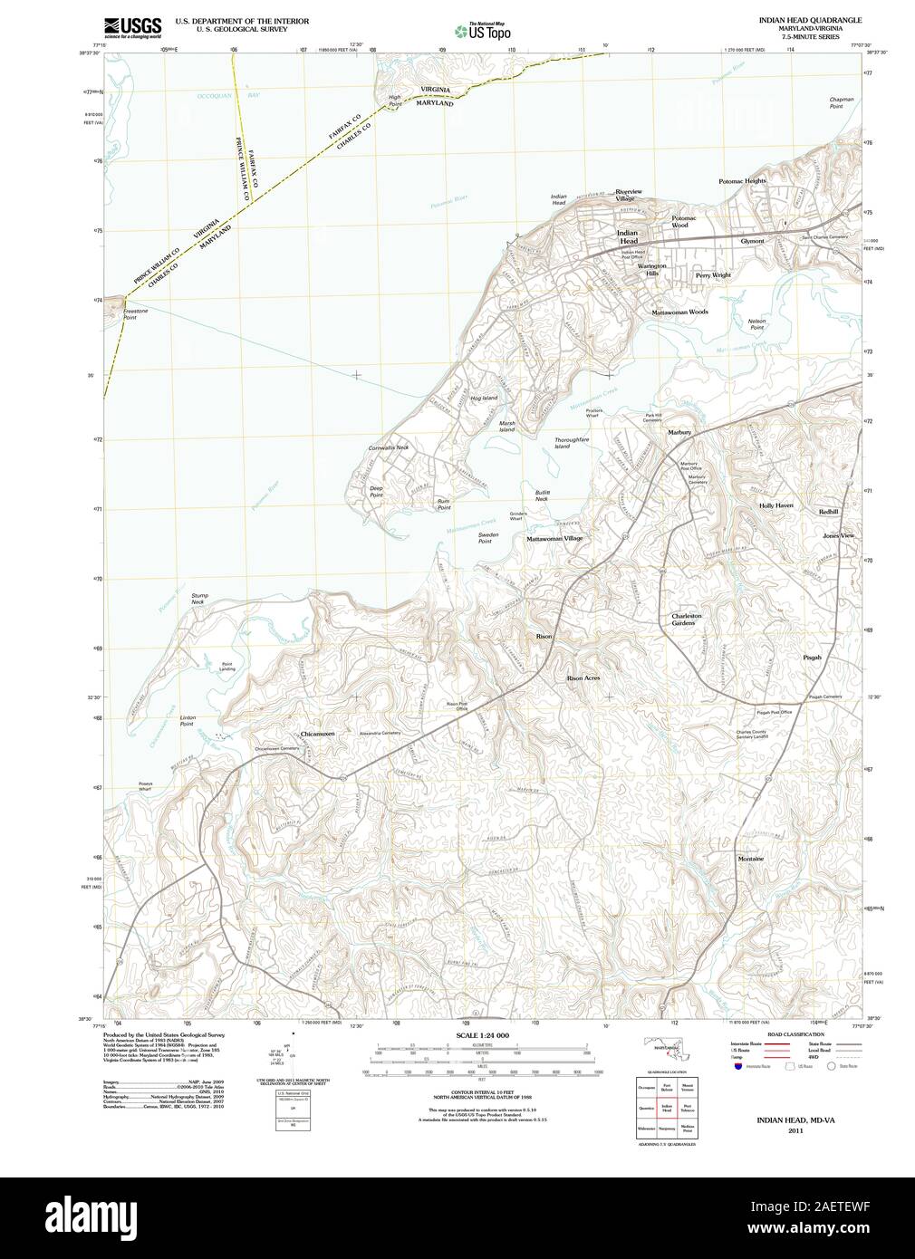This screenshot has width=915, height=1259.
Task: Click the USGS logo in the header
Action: (x=133, y=25)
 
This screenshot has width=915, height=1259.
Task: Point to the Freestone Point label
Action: (x=136, y=314)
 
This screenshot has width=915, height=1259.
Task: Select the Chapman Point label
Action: (x=842, y=102)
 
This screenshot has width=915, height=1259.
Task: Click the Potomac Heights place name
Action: (x=742, y=181)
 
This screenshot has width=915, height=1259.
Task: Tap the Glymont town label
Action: (x=752, y=241)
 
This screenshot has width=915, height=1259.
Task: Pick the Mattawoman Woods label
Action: (x=679, y=312)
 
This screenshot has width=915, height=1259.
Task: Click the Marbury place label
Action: (x=679, y=433)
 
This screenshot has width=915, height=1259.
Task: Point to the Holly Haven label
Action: (x=775, y=505)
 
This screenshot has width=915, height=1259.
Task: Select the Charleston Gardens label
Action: (x=684, y=620)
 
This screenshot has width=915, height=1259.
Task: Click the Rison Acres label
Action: (x=583, y=678)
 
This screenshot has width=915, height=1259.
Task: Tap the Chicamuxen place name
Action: (x=317, y=734)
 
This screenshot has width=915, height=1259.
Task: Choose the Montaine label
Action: (x=751, y=858)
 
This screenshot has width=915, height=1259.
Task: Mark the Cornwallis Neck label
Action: (x=389, y=447)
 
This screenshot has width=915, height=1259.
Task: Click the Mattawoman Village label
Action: (x=554, y=538)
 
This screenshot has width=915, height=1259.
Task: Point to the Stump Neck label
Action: (x=198, y=598)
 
